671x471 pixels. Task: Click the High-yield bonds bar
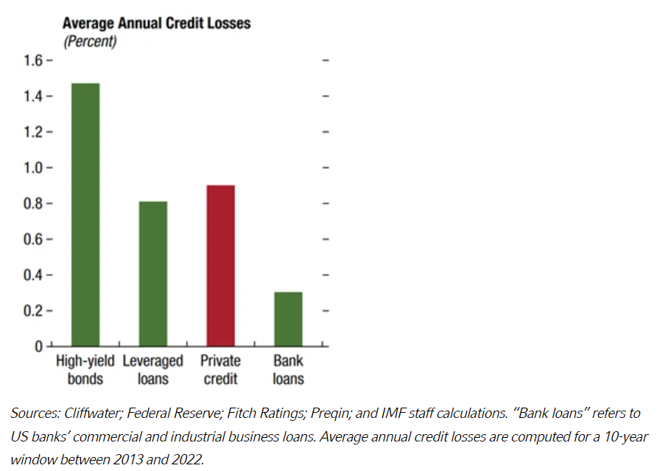85,214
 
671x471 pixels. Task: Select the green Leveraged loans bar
153,273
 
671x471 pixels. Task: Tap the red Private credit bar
220,265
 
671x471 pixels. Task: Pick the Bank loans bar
288,319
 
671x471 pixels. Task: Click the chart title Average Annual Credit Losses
156,24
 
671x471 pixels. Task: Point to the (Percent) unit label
90,41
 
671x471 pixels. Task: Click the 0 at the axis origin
41,346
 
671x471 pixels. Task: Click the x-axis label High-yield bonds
85,370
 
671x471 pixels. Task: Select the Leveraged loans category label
153,370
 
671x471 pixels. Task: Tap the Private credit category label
220,370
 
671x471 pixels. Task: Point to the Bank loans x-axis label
288,370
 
